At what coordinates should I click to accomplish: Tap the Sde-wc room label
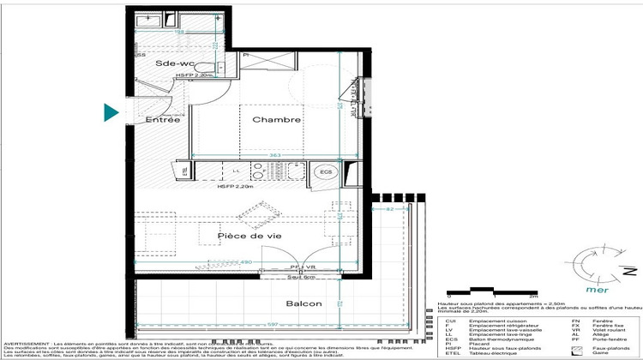pyautogui.click(x=176, y=64)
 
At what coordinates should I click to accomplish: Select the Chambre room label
pyautogui.click(x=276, y=120)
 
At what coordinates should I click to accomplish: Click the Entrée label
pyautogui.click(x=162, y=120)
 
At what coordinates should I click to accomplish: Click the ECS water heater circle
pyautogui.click(x=325, y=171)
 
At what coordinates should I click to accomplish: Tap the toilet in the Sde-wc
pyautogui.click(x=215, y=67)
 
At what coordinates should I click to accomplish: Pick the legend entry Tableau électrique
pyautogui.click(x=493, y=351)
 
